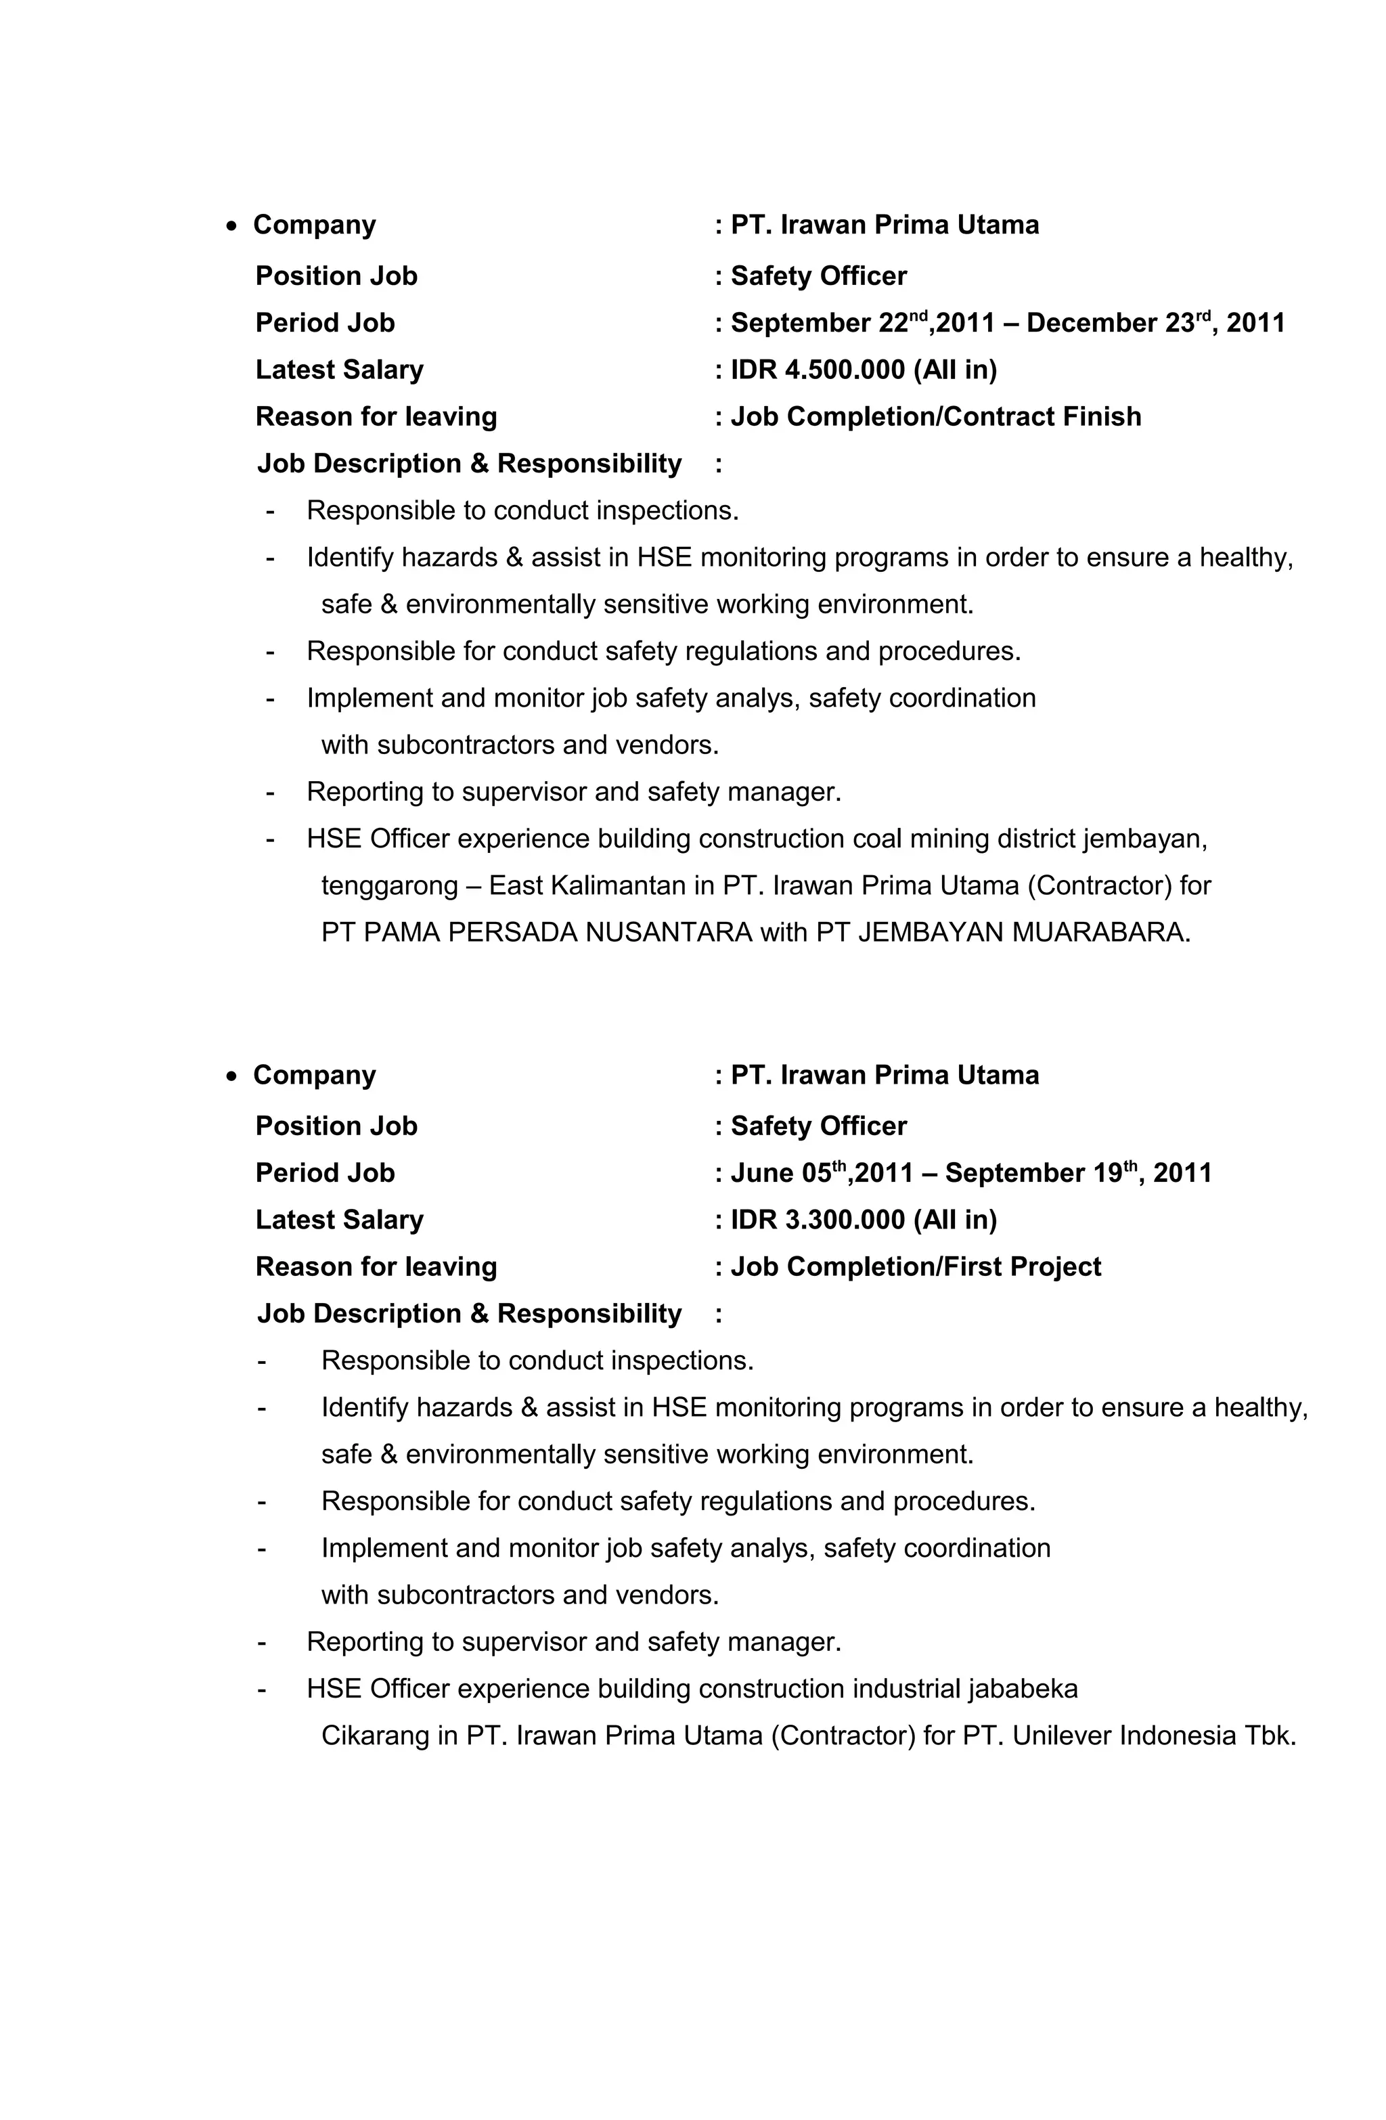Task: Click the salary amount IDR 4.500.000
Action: coord(817,370)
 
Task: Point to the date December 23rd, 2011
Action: coord(1155,322)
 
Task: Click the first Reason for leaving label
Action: coord(376,417)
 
